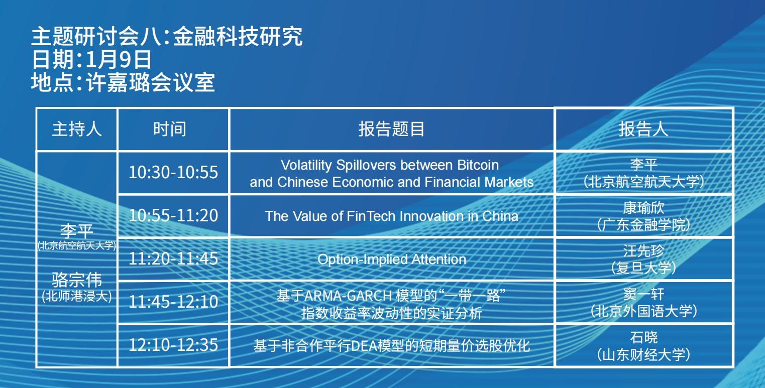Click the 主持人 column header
[77, 130]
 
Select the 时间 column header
[170, 130]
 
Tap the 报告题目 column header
[391, 130]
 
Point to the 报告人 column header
[643, 130]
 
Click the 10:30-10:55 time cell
[173, 172]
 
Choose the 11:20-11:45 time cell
[173, 258]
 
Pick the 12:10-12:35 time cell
[173, 345]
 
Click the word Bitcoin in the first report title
[478, 165]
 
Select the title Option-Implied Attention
[392, 260]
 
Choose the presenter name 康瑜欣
[643, 207]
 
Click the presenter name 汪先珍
[643, 251]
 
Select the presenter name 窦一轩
[643, 294]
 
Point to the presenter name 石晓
[644, 337]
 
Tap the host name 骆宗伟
[77, 280]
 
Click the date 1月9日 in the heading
[118, 59]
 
